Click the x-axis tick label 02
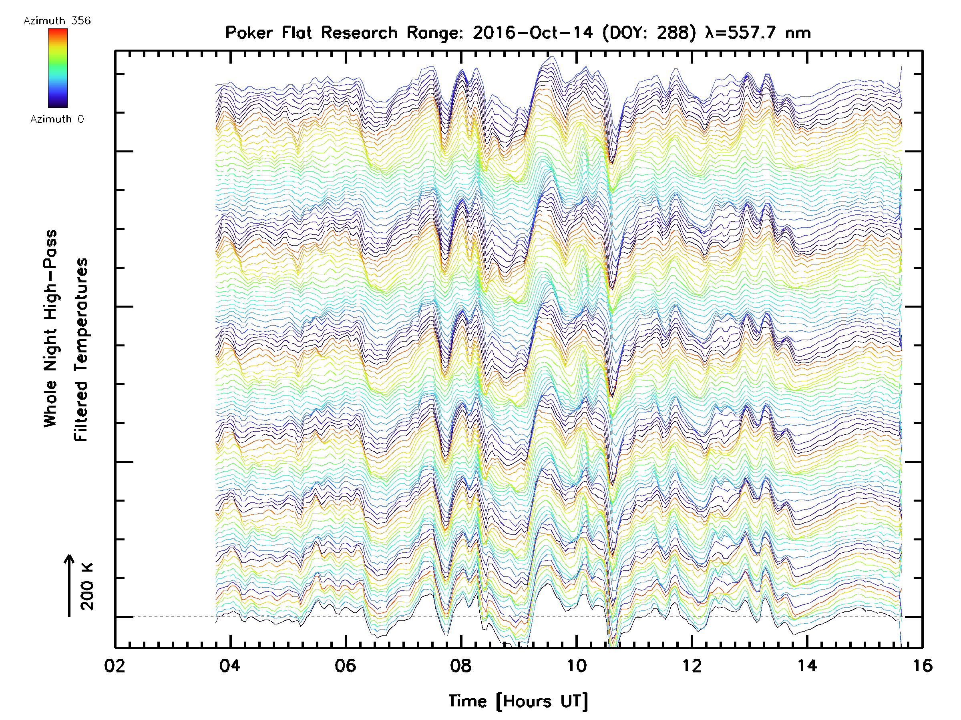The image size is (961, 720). pyautogui.click(x=115, y=665)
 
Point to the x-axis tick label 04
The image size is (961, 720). pyautogui.click(x=230, y=665)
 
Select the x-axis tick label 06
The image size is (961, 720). pyautogui.click(x=346, y=665)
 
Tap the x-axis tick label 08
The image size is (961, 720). pyautogui.click(x=460, y=665)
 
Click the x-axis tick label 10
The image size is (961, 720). pyautogui.click(x=576, y=665)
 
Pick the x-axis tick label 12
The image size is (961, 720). pyautogui.click(x=692, y=665)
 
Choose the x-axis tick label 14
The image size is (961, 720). pyautogui.click(x=807, y=665)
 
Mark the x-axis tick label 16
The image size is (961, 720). pyautogui.click(x=922, y=665)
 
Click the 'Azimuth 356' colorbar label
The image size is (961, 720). pyautogui.click(x=57, y=21)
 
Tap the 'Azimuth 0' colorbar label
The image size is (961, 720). pyautogui.click(x=57, y=119)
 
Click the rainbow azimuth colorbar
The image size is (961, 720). pyautogui.click(x=58, y=68)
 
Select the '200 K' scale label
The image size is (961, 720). pyautogui.click(x=87, y=586)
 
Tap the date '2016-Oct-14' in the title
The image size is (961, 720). pyautogui.click(x=533, y=32)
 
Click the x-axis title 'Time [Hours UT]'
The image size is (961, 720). pyautogui.click(x=518, y=701)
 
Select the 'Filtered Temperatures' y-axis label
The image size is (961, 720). pyautogui.click(x=81, y=349)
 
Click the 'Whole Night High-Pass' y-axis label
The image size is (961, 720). pyautogui.click(x=50, y=328)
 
